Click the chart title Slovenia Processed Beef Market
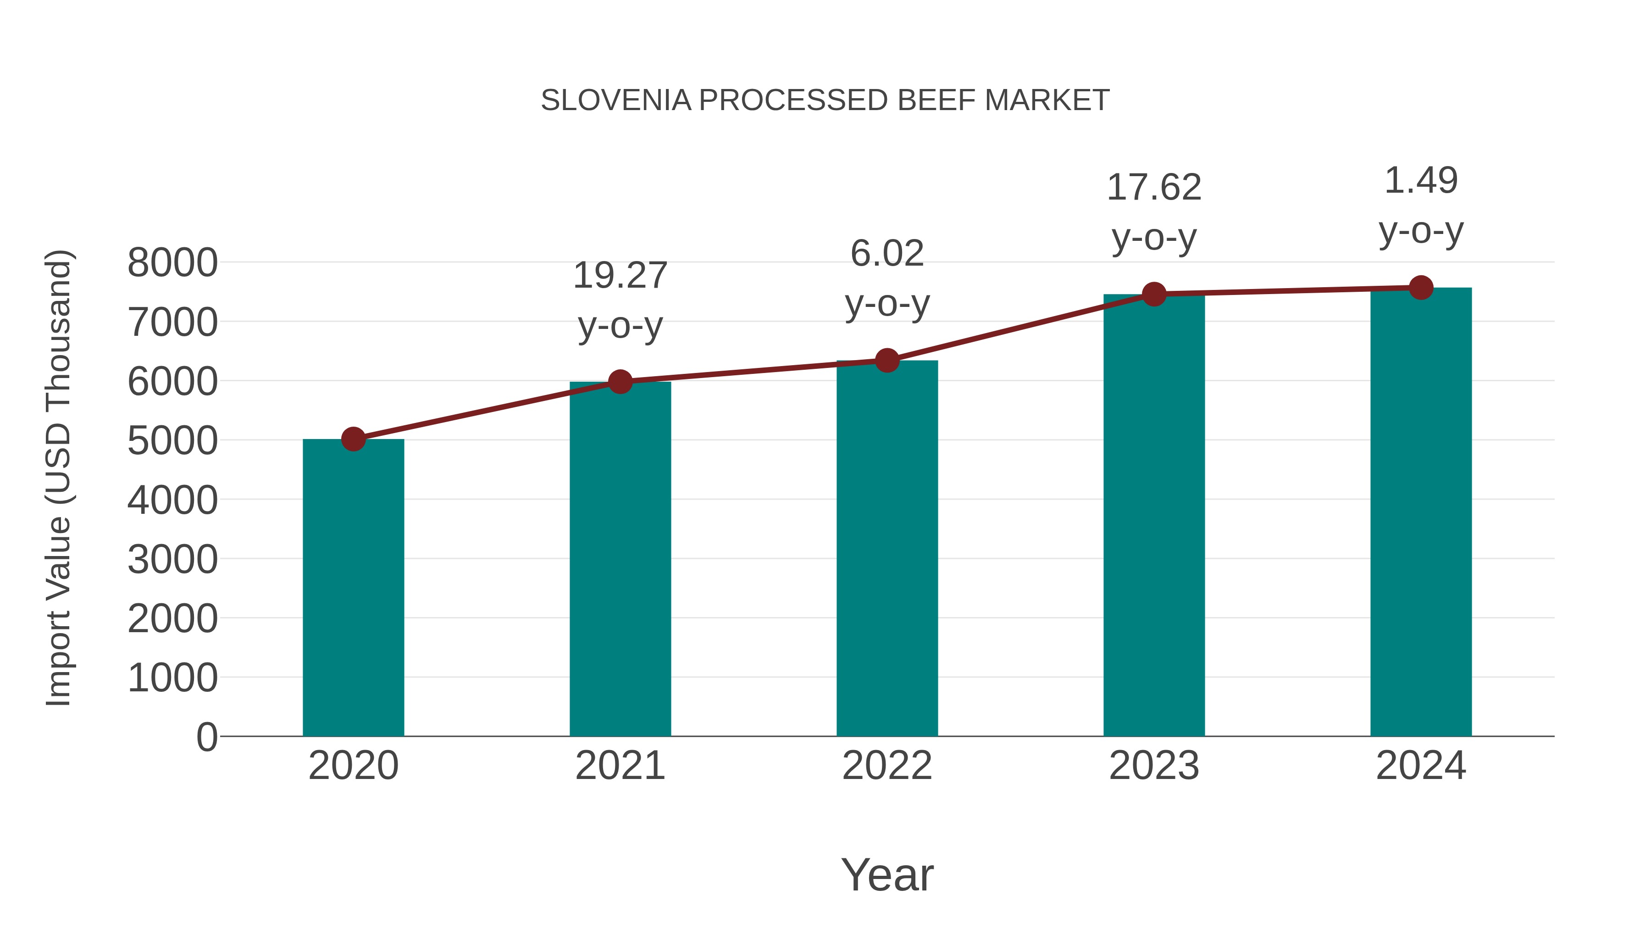tap(825, 100)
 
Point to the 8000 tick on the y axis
tap(172, 262)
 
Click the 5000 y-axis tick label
tap(172, 440)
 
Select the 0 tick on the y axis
tap(206, 737)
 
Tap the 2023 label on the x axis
tap(1154, 766)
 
